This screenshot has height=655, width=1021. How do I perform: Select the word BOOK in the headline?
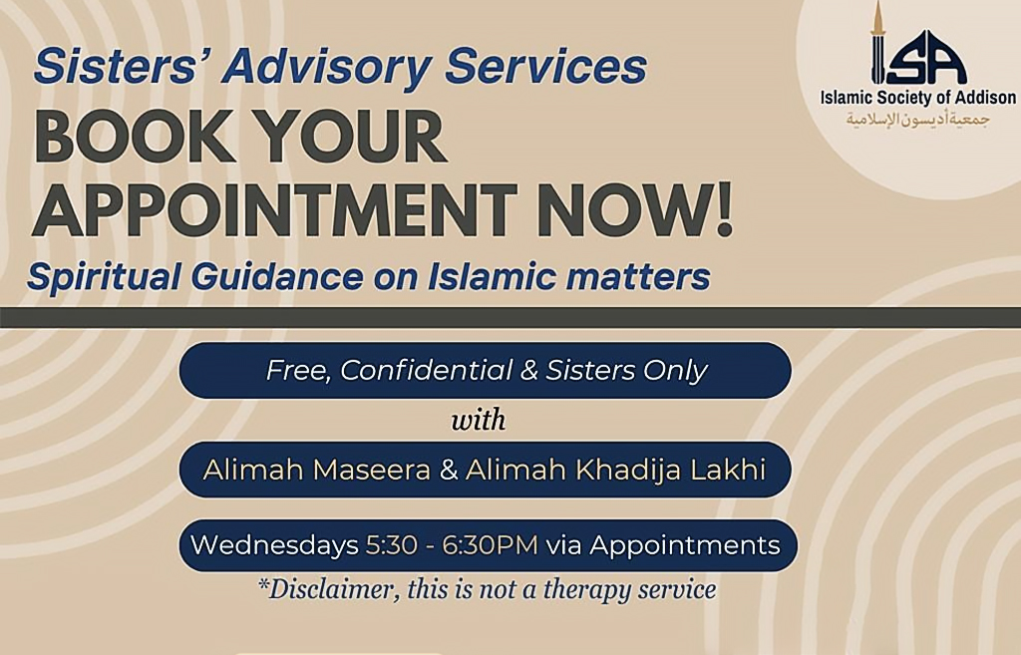(135, 138)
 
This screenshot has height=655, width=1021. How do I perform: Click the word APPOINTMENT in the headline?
(274, 209)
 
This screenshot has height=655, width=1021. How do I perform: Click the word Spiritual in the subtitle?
(104, 276)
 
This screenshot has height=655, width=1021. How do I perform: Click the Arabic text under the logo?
(917, 120)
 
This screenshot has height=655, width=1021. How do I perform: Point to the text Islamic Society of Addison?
(917, 98)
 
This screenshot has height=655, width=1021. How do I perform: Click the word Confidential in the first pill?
(426, 371)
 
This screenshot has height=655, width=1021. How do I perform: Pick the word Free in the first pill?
(299, 372)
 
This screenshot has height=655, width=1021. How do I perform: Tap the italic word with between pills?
(479, 420)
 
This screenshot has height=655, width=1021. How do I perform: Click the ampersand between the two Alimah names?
(448, 471)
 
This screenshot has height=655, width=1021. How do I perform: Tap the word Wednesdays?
(274, 545)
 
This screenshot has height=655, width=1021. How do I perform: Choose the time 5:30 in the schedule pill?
(391, 545)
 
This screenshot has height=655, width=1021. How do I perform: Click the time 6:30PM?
(491, 545)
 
